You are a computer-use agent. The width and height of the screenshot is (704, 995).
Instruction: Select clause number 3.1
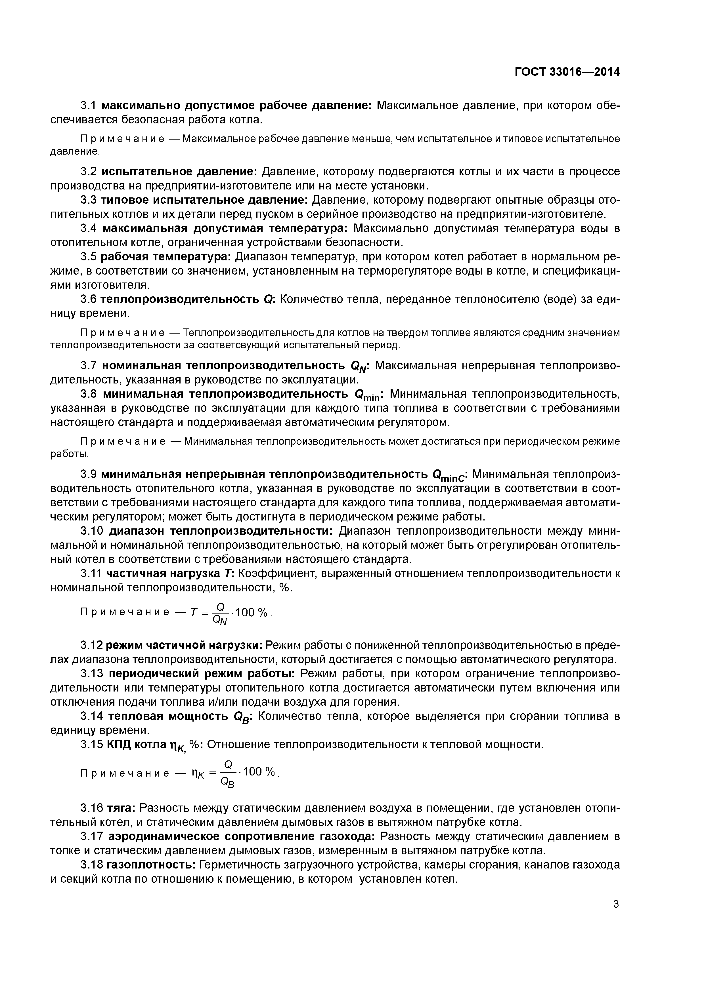pyautogui.click(x=90, y=106)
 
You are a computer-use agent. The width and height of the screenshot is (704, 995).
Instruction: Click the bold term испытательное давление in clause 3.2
pyautogui.click(x=179, y=172)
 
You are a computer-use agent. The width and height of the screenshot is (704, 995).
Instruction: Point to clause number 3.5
pyautogui.click(x=90, y=257)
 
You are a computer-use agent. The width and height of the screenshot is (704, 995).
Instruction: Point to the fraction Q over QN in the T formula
pyautogui.click(x=220, y=613)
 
